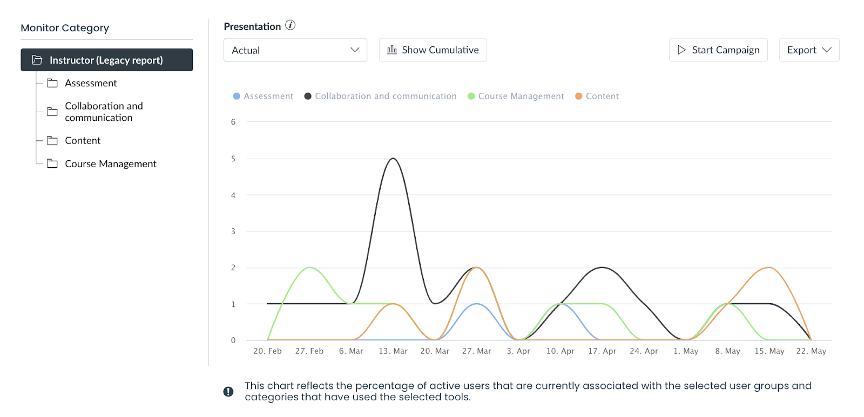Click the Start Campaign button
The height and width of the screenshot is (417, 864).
coord(718,50)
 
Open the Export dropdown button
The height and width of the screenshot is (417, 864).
coord(808,50)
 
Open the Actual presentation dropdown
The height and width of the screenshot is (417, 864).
coord(295,50)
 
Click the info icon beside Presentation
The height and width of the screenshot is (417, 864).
coord(291,25)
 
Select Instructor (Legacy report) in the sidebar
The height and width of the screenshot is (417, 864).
coord(106,60)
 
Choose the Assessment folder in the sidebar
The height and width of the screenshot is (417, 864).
coord(91,83)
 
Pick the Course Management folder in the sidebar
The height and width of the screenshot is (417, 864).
coord(110,163)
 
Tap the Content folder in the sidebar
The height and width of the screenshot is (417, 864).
coord(83,140)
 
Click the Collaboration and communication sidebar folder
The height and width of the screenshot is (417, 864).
coord(104,112)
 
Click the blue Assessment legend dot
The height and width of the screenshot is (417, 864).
coord(237,96)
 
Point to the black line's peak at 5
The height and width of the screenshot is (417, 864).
coord(393,159)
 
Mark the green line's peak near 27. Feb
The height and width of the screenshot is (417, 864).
coord(309,268)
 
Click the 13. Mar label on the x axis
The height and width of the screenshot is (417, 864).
coord(393,351)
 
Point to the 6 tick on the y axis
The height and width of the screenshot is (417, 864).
coord(233,122)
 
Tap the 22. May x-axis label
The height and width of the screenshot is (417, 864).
coord(811,351)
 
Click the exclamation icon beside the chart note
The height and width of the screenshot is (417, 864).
coord(228,392)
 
